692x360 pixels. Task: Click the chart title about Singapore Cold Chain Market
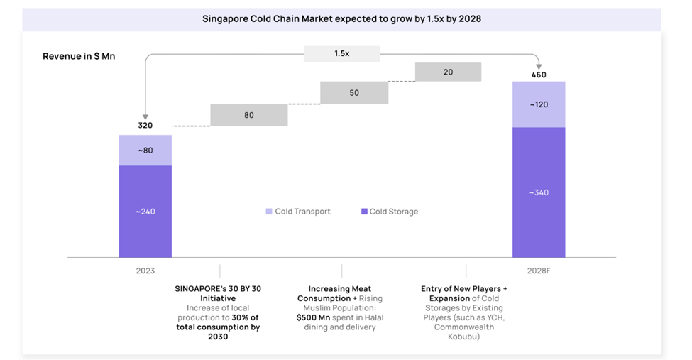[341, 19]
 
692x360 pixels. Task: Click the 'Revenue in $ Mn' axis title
[79, 56]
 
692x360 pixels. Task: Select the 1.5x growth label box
[341, 53]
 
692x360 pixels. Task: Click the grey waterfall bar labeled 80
[248, 115]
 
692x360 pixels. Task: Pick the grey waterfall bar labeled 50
[353, 93]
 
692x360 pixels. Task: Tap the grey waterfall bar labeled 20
[448, 72]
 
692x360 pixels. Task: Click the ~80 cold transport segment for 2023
[145, 150]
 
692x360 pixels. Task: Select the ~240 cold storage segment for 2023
[145, 211]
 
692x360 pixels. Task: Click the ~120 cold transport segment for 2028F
[539, 104]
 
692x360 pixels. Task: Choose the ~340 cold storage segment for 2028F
[539, 192]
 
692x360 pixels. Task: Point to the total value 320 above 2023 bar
[145, 126]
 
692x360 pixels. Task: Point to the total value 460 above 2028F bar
[539, 75]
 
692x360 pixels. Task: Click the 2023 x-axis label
[145, 271]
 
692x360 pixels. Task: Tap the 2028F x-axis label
[539, 271]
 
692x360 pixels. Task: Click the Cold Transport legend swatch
[268, 212]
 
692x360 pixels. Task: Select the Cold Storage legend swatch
[364, 212]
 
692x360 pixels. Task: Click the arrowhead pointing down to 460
[539, 65]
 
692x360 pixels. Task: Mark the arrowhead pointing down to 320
[145, 116]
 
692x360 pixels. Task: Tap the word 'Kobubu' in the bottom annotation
[464, 337]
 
